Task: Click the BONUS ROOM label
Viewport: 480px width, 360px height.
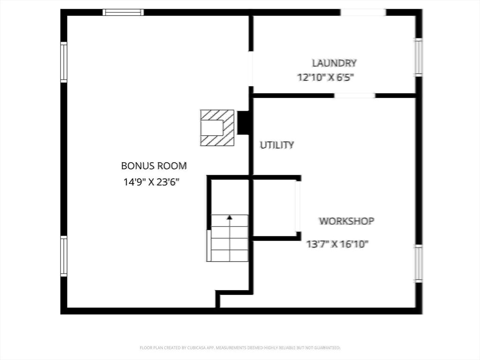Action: (x=154, y=166)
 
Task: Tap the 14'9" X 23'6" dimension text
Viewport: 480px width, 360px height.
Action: (x=152, y=182)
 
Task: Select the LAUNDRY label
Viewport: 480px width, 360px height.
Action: (x=334, y=63)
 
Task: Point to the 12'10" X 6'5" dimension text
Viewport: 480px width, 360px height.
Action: (x=325, y=78)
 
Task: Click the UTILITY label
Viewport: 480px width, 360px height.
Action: (x=277, y=145)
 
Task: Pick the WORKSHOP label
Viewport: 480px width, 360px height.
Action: (x=346, y=221)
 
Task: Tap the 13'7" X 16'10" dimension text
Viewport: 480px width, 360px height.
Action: (x=337, y=244)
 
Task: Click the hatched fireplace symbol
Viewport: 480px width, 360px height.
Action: (x=217, y=127)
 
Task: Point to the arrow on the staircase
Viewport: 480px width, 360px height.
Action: (x=230, y=217)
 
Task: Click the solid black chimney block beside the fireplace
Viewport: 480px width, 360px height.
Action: (x=243, y=123)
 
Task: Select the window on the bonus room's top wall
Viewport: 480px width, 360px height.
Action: (x=123, y=12)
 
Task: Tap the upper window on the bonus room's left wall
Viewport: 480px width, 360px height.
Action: (x=64, y=62)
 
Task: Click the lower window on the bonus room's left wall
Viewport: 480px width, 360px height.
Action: (x=64, y=256)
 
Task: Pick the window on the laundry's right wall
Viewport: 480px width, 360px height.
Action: (x=418, y=57)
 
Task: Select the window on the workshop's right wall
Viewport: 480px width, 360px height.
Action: (x=418, y=263)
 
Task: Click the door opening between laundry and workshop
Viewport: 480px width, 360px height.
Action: (x=354, y=96)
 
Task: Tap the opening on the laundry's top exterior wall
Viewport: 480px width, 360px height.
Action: (x=363, y=12)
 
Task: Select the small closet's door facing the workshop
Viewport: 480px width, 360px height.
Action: (x=297, y=207)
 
